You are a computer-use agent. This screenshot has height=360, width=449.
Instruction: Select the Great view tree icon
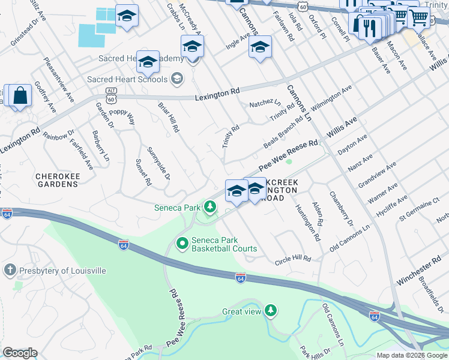pyautogui.click(x=271, y=311)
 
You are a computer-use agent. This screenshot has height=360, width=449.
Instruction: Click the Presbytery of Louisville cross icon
pyautogui.click(x=10, y=270)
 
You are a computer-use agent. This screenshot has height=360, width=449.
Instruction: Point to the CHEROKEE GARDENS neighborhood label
pyautogui.click(x=58, y=180)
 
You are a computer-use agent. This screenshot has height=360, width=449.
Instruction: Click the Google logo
pyautogui.click(x=20, y=353)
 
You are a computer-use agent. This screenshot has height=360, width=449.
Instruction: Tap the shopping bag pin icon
pyautogui.click(x=20, y=96)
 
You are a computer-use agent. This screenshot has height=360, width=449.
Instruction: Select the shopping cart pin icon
pyautogui.click(x=418, y=17)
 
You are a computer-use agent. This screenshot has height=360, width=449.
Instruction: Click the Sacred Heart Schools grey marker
pyautogui.click(x=177, y=79)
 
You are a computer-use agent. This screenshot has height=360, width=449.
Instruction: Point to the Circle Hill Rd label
pyautogui.click(x=293, y=259)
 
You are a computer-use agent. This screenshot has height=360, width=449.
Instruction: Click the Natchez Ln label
pyautogui.click(x=265, y=103)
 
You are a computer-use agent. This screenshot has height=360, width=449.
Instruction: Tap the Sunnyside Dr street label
pyautogui.click(x=159, y=163)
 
